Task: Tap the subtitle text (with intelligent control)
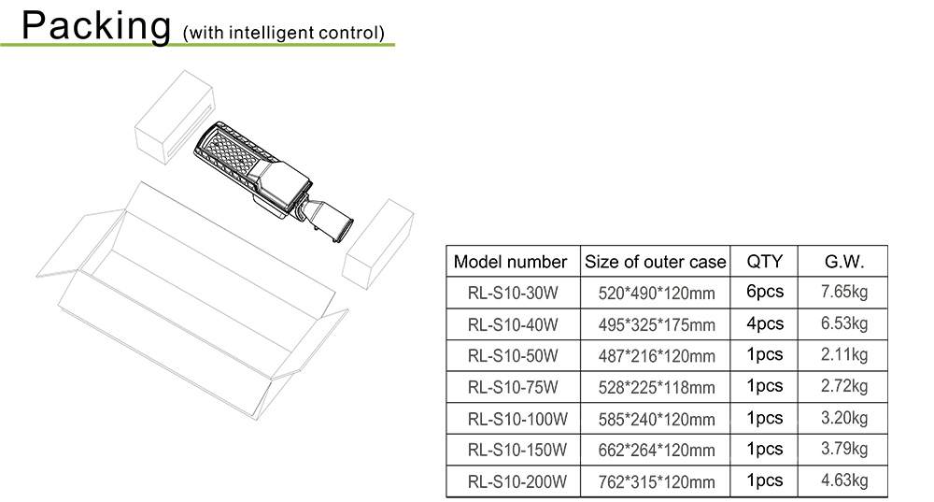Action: point(284,33)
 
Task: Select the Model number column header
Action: point(510,262)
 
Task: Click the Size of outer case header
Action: point(655,262)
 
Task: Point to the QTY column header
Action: point(765,261)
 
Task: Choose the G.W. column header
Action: point(844,261)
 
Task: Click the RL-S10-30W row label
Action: point(513,294)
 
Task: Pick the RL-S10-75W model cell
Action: point(513,387)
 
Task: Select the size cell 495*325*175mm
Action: point(657,325)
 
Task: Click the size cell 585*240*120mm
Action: point(657,419)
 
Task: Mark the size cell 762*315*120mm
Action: point(657,482)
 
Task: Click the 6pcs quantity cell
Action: point(765,292)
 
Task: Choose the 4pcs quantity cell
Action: point(765,323)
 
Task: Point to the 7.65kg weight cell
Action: point(844,292)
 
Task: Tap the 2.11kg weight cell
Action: point(844,354)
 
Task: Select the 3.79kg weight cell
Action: point(844,449)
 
